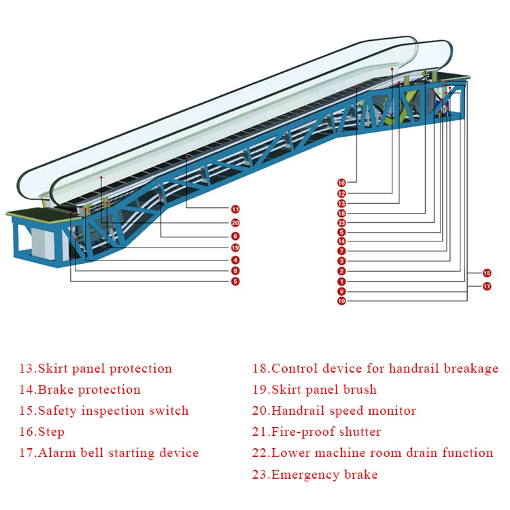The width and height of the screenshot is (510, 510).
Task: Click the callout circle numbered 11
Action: point(235,209)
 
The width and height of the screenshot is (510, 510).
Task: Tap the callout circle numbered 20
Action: point(235,222)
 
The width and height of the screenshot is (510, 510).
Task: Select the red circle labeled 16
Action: point(341,182)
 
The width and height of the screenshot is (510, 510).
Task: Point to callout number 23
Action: point(341,222)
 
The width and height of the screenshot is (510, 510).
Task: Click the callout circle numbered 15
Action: point(487,273)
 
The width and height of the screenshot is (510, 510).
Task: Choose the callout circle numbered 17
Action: point(487,286)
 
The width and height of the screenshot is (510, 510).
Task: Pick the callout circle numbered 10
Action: point(341,301)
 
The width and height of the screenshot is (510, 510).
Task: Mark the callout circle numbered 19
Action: point(235,248)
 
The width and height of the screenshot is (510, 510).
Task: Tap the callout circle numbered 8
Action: point(235,271)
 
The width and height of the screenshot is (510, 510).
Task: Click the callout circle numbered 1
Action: point(341,281)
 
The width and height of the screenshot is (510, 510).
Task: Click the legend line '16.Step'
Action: point(41,432)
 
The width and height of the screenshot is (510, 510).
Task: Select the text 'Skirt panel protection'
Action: point(105,369)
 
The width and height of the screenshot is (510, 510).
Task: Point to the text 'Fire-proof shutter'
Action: point(326,432)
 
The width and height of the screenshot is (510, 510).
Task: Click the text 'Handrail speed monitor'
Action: point(343,411)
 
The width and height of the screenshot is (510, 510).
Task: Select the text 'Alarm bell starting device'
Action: point(118,453)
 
